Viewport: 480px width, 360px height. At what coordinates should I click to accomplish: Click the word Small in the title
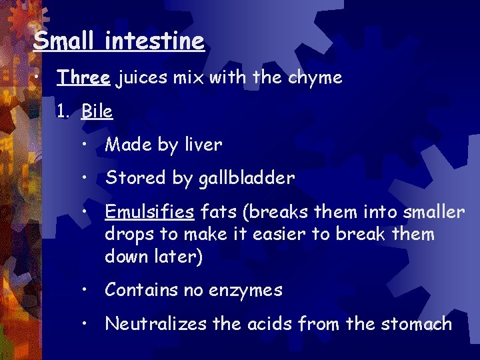65,41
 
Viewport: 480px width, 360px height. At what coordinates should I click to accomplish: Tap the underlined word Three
83,78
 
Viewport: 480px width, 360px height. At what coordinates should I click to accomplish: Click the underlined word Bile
97,111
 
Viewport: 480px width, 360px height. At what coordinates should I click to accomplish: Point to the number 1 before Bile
62,111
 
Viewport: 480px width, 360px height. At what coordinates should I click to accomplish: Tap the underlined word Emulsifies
149,212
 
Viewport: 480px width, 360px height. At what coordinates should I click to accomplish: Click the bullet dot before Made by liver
87,145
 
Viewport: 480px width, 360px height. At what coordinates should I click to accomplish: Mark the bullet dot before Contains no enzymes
87,291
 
